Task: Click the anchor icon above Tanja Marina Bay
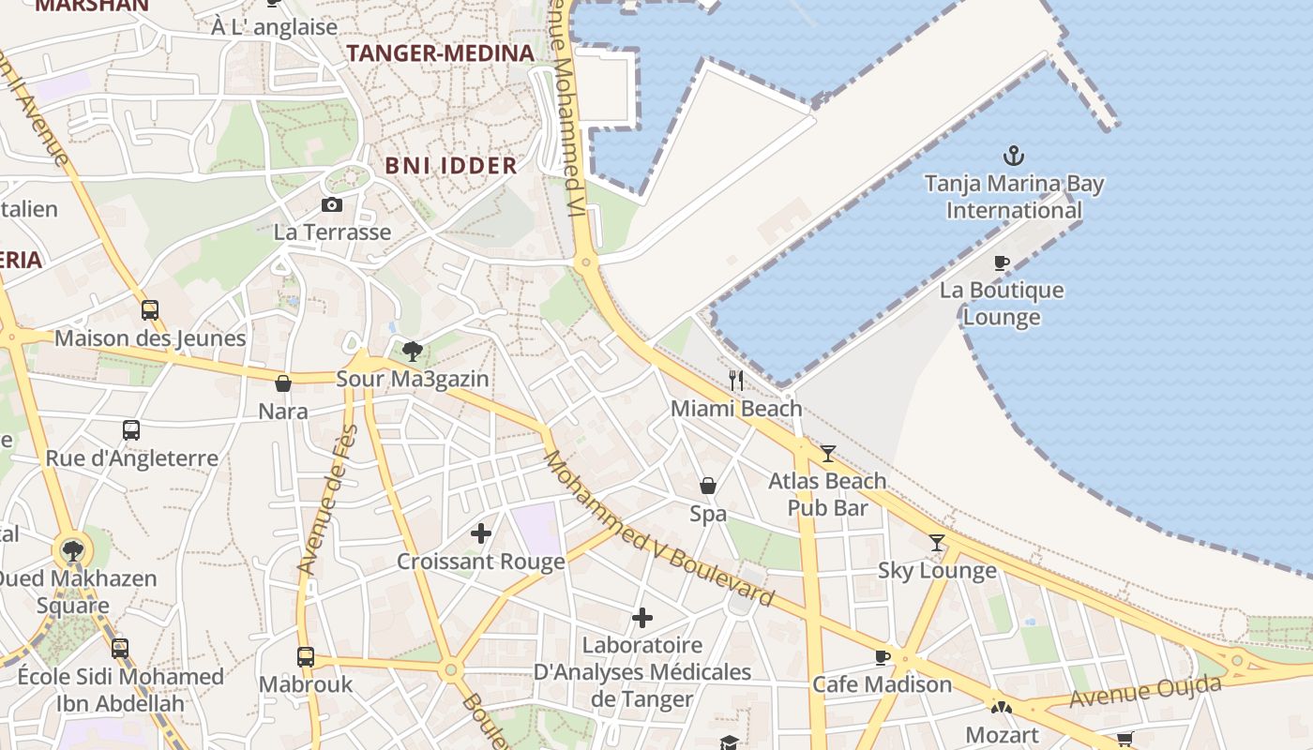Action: click(x=1013, y=156)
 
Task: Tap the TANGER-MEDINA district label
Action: click(x=441, y=53)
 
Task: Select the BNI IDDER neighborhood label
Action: click(x=451, y=166)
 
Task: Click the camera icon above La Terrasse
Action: click(x=332, y=204)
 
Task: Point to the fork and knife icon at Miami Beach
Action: click(x=736, y=380)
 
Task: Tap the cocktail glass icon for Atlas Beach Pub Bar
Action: click(x=827, y=454)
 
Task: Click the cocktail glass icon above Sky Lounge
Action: click(x=936, y=543)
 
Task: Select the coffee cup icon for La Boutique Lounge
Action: click(x=1002, y=263)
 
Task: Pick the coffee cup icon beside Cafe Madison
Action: click(x=882, y=657)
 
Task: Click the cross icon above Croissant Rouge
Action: click(x=481, y=534)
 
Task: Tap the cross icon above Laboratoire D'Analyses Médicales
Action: click(x=642, y=618)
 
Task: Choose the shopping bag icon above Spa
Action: click(x=708, y=486)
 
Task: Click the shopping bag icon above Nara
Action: click(x=283, y=383)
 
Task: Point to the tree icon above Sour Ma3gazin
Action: click(x=412, y=352)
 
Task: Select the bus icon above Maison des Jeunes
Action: click(x=150, y=310)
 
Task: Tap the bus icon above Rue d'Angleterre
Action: click(x=131, y=430)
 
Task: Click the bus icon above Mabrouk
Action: click(x=306, y=657)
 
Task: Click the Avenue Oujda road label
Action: click(x=1145, y=692)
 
